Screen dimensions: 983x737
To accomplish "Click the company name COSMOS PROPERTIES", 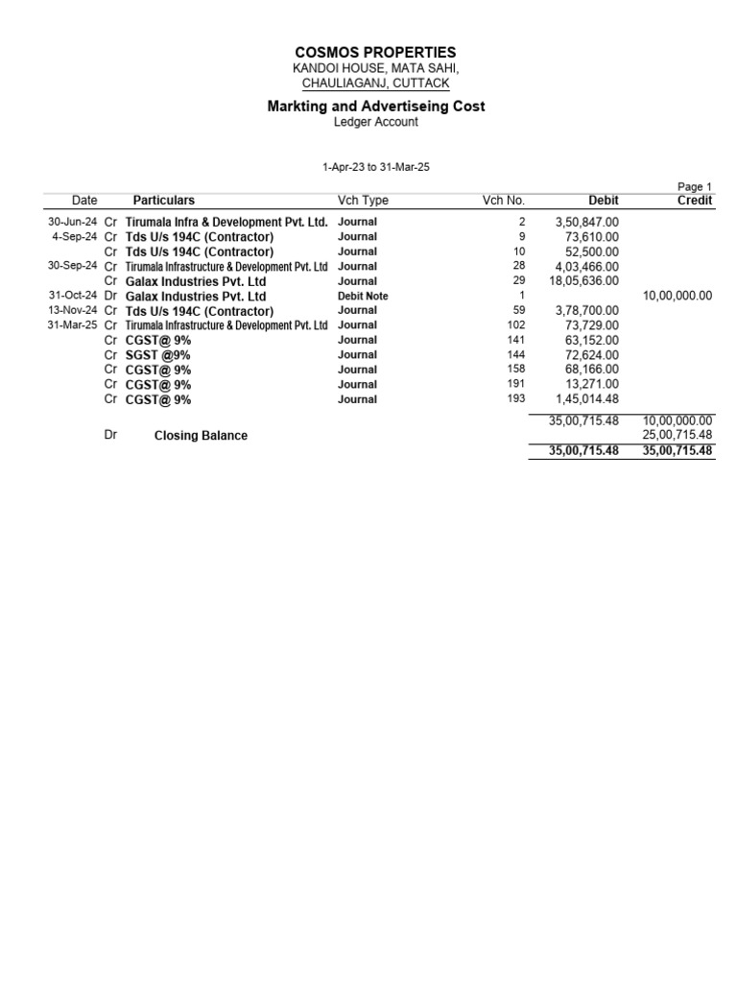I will pos(375,52).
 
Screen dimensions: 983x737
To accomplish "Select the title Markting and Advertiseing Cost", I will pos(375,106).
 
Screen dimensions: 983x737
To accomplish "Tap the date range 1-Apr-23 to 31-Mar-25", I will pos(375,167).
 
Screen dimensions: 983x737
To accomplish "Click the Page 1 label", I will pos(695,187).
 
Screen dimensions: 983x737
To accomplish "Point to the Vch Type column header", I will pos(363,201).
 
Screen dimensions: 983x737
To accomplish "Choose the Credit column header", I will pos(694,201).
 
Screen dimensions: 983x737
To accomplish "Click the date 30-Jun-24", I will pos(73,222).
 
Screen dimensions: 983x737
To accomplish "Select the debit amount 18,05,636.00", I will pos(583,281).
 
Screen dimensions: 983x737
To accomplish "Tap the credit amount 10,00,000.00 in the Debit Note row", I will pos(677,297).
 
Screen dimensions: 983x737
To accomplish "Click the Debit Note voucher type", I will pos(363,297).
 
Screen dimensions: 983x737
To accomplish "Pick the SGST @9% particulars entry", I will pos(157,355).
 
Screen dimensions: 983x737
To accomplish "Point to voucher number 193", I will pos(515,399).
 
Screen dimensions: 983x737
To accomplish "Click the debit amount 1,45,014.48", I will pos(587,399).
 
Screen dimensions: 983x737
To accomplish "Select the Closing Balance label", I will pos(201,436).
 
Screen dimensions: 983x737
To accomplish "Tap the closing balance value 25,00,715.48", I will pos(677,435).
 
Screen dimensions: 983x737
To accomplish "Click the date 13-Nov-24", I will pos(73,311).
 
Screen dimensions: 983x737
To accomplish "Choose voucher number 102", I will pos(515,325).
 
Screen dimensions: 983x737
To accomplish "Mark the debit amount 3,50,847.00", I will pos(587,222).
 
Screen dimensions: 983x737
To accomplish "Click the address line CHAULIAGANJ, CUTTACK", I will pos(375,84).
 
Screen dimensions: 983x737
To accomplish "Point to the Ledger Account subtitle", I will pos(375,122).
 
